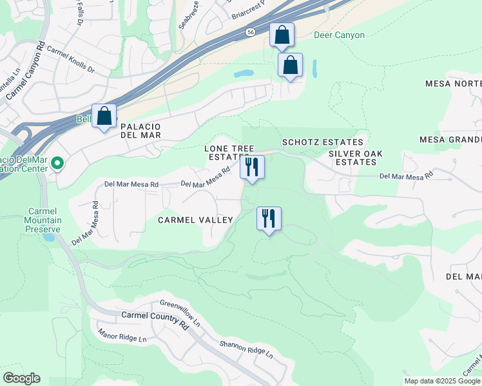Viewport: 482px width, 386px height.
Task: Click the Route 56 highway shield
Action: [x=249, y=32]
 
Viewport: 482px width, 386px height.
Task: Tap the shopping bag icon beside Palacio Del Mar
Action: [x=104, y=116]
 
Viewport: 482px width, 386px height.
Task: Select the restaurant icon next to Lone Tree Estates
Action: [x=252, y=167]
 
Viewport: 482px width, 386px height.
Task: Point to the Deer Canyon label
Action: [x=339, y=35]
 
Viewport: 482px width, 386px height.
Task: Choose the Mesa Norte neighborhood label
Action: [x=453, y=84]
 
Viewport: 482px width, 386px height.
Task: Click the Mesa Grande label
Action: [x=450, y=140]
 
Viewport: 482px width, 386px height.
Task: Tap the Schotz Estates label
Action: [x=322, y=142]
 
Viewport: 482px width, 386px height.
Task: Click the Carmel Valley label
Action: [x=196, y=220]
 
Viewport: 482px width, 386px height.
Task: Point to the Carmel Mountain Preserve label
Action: [x=44, y=220]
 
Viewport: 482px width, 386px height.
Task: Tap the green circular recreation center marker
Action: [x=57, y=163]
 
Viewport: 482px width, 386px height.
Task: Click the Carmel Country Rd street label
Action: [x=155, y=321]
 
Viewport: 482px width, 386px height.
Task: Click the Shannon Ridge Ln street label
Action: [x=246, y=350]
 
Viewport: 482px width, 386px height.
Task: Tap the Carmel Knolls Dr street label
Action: [x=80, y=60]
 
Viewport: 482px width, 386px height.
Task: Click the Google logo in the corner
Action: [x=21, y=378]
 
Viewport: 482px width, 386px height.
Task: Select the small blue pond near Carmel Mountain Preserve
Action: [x=47, y=237]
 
